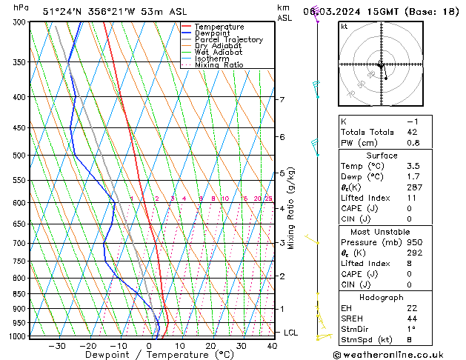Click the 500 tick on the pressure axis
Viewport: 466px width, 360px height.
19,156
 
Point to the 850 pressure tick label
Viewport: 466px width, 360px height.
19,294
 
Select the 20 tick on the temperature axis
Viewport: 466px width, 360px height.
210,345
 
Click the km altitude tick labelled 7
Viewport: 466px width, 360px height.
282,99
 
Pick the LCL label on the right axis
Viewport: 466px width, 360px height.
290,333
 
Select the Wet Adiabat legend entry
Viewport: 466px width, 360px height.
219,52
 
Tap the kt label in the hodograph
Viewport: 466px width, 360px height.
344,27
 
